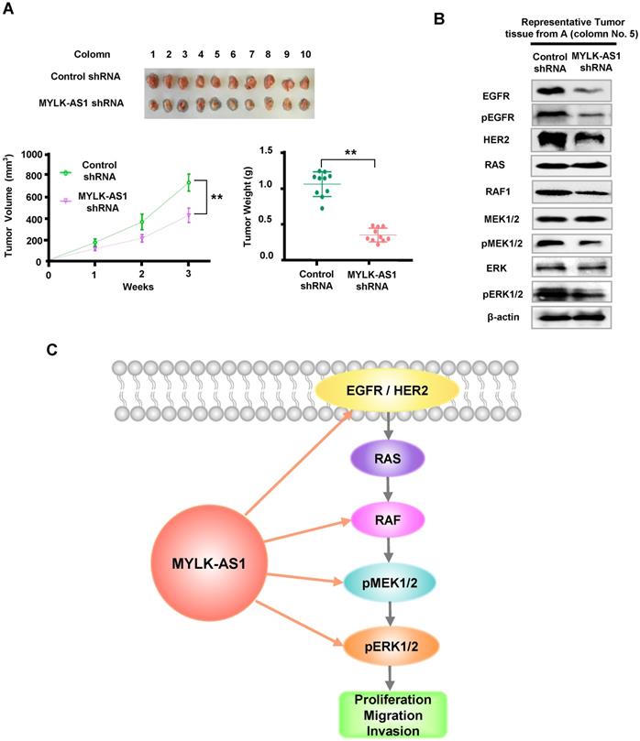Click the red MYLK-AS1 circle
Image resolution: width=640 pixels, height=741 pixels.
pos(207,559)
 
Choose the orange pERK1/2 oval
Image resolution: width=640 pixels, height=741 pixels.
pos(389,647)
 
